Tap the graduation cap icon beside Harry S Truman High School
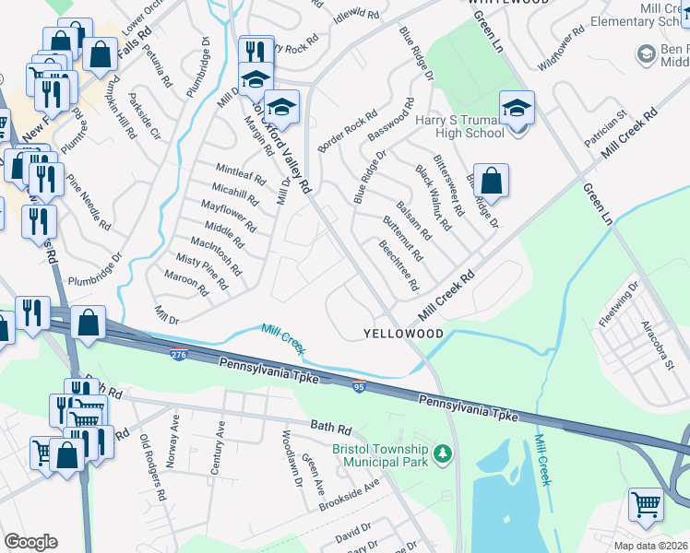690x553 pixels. pos(517,110)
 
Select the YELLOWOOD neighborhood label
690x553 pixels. pos(403,333)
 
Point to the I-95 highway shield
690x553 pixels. pos(360,388)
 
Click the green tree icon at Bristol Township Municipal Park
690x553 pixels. pos(444,453)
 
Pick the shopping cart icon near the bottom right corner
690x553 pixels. pos(646,505)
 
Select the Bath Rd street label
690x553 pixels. pos(331,429)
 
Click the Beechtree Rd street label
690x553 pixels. pos(399,264)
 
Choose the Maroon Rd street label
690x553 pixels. pos(186,283)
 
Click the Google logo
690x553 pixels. pos(30,542)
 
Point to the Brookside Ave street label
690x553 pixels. pos(350,495)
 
